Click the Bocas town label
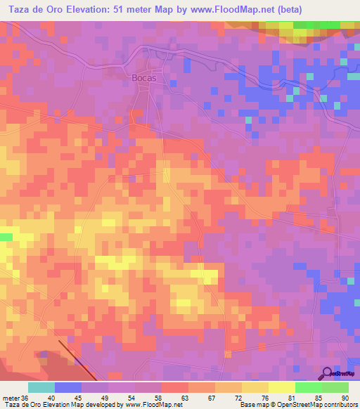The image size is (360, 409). click(x=143, y=78)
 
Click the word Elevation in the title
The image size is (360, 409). click(x=95, y=9)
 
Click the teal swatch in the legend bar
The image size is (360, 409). click(x=41, y=387)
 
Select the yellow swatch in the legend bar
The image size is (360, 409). click(x=281, y=387)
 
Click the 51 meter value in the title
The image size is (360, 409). click(x=145, y=9)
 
